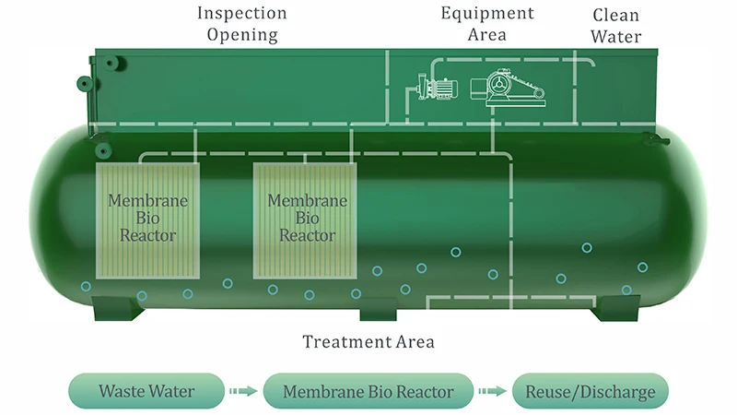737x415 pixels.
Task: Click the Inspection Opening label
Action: (x=242, y=25)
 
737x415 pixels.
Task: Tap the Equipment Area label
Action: (x=487, y=25)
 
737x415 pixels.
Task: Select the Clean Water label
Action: (x=616, y=27)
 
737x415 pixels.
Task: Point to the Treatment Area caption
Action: (x=368, y=343)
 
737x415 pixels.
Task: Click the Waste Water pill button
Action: (x=146, y=391)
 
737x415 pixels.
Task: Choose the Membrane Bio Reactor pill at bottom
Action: (x=368, y=391)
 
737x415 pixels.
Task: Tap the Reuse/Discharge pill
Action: (x=590, y=391)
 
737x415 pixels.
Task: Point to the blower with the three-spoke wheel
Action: (x=499, y=87)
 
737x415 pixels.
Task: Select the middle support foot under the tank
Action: (x=378, y=310)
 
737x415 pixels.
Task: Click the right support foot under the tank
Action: (x=614, y=308)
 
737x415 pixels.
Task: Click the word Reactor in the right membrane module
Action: (x=307, y=235)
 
